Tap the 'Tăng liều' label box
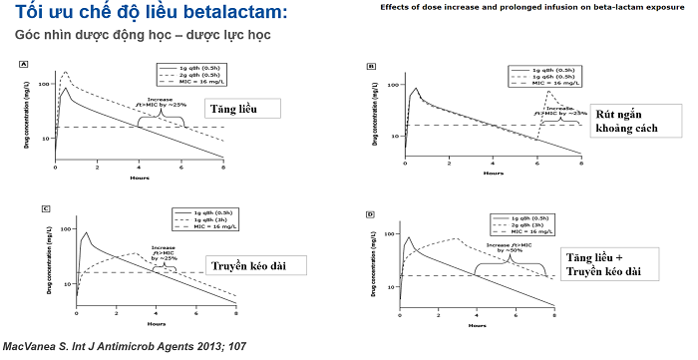coord(234,109)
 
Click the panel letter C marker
coord(46,208)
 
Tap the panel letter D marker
coord(372,213)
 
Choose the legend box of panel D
coord(539,224)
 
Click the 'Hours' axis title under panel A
coord(140,178)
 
